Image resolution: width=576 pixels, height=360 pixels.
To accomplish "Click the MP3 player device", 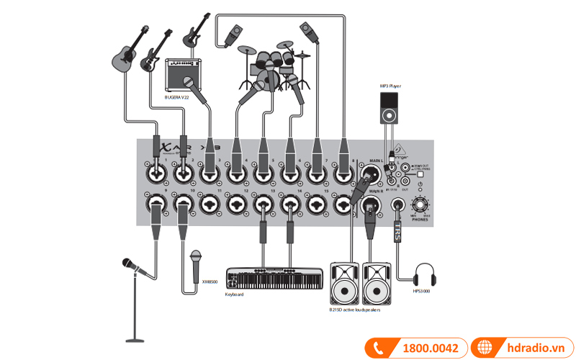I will coord(389,107).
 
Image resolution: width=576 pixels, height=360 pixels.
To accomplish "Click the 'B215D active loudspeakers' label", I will coord(354,309).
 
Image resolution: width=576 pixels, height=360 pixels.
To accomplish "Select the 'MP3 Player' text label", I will coord(390,86).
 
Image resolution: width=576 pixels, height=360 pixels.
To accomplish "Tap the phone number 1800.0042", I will coord(431,348).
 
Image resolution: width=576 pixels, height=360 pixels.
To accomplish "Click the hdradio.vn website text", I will coord(533,348).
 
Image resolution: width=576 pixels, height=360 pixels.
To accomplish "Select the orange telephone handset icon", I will coord(378,348).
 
